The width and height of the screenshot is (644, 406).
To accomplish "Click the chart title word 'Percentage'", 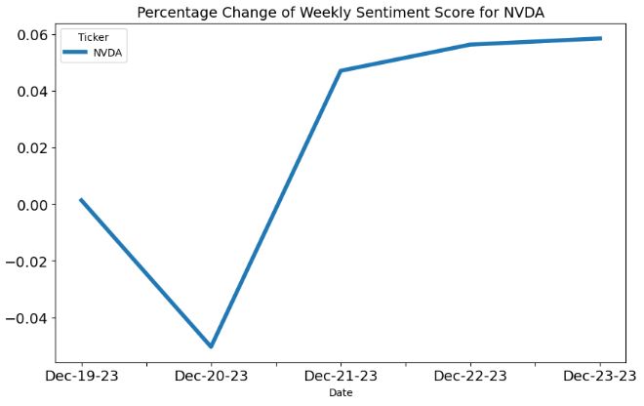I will click(x=178, y=13).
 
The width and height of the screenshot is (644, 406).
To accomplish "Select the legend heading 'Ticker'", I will click(x=93, y=37).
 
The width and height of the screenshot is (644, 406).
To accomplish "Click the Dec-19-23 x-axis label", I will click(x=81, y=377).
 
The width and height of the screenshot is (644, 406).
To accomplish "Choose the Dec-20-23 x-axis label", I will click(x=211, y=377).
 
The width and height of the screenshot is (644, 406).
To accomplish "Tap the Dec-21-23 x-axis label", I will click(x=341, y=377).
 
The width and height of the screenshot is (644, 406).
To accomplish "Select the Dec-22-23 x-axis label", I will click(x=470, y=377).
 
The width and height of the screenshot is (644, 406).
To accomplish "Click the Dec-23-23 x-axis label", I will click(x=598, y=377).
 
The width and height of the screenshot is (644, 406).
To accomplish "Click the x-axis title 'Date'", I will click(x=341, y=393).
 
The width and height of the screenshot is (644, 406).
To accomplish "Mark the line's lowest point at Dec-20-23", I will click(x=211, y=346).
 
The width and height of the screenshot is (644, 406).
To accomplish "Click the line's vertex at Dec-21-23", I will click(x=341, y=70).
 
